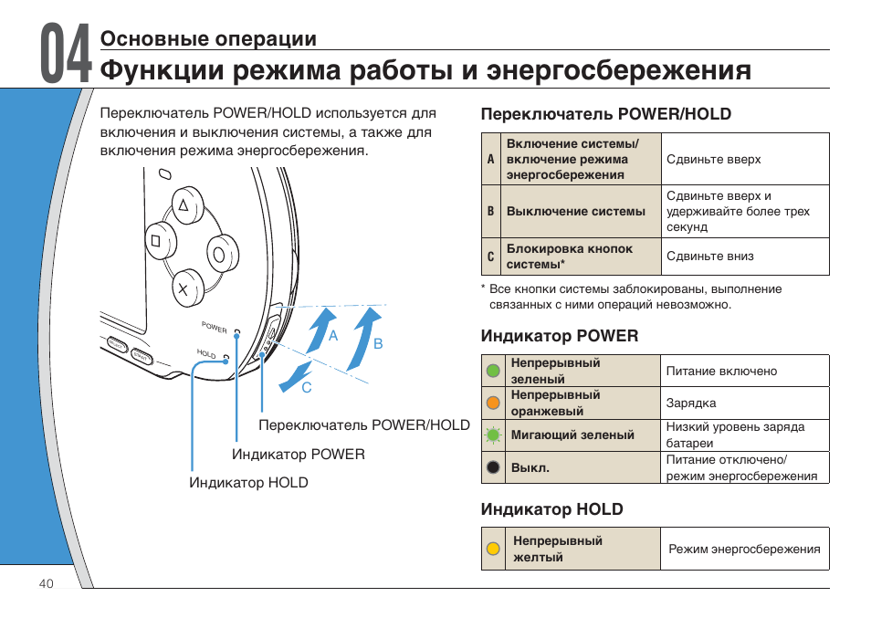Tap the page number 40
point(47,584)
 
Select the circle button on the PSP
point(219,252)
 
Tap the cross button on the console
point(183,289)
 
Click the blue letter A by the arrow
point(333,336)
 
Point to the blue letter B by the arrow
point(377,343)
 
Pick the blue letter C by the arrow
point(307,388)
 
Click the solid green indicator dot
point(493,371)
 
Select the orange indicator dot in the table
point(493,403)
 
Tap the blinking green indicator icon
point(493,435)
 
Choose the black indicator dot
point(493,467)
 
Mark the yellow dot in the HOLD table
point(493,549)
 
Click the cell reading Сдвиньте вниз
point(710,257)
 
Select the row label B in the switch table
point(490,211)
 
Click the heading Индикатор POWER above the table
point(560,336)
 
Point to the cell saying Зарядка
point(691,403)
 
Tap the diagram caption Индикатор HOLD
point(248,483)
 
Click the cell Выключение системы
point(575,211)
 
